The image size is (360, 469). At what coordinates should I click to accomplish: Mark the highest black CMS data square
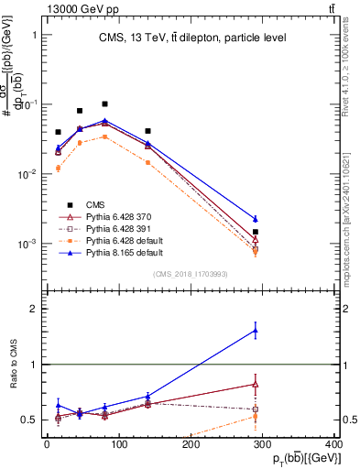(x=105, y=104)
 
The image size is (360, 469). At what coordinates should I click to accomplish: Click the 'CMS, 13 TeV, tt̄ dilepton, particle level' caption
(x=191, y=38)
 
